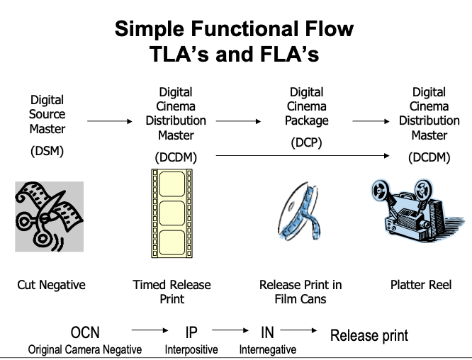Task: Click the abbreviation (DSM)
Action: click(47, 150)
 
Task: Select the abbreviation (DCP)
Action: click(306, 142)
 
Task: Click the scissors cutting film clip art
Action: click(50, 216)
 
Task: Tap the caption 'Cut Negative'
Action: click(51, 285)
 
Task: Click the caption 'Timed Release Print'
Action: click(172, 291)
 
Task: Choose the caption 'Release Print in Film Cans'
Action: click(300, 291)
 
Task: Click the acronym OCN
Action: click(85, 332)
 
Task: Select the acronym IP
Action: click(191, 332)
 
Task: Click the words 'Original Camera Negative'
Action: click(84, 349)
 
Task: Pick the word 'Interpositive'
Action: click(191, 349)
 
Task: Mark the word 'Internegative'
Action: click(267, 349)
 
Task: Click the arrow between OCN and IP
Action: click(148, 330)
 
